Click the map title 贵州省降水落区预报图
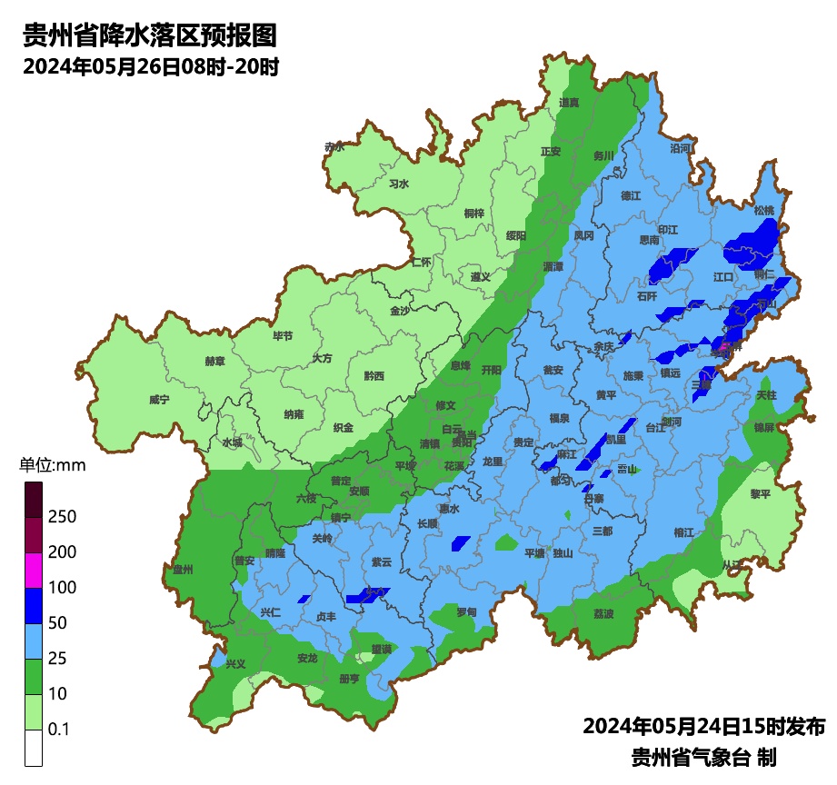click(x=149, y=36)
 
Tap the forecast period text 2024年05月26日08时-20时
click(x=150, y=67)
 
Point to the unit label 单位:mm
click(x=52, y=466)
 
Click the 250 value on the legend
click(x=62, y=517)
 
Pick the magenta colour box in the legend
click(x=34, y=570)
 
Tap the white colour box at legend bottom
click(x=34, y=748)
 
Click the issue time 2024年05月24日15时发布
click(x=703, y=727)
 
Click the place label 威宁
click(x=159, y=400)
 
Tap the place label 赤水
click(x=334, y=146)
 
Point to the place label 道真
click(x=570, y=103)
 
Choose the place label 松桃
click(x=764, y=210)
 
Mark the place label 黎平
click(x=760, y=493)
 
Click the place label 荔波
click(x=603, y=613)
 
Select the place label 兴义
click(x=235, y=663)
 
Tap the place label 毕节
click(x=283, y=335)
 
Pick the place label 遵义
click(x=481, y=276)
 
